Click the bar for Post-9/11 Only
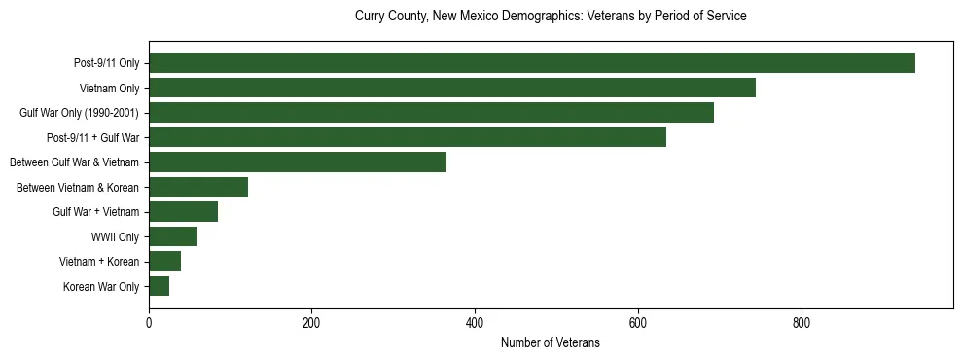[532, 63]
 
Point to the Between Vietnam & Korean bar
[198, 187]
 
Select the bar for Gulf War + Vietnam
[183, 212]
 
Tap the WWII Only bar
[173, 236]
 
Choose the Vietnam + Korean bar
[164, 262]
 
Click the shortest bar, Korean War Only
[159, 286]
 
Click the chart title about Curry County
[551, 17]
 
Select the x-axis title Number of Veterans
[551, 343]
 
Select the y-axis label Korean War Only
[101, 287]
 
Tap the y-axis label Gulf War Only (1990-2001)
[79, 113]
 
